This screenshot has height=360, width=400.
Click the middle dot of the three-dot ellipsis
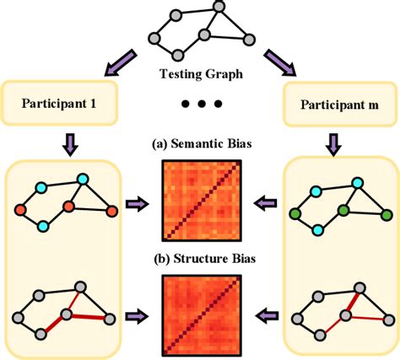point(199,105)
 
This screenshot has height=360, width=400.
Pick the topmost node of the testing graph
point(219,8)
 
